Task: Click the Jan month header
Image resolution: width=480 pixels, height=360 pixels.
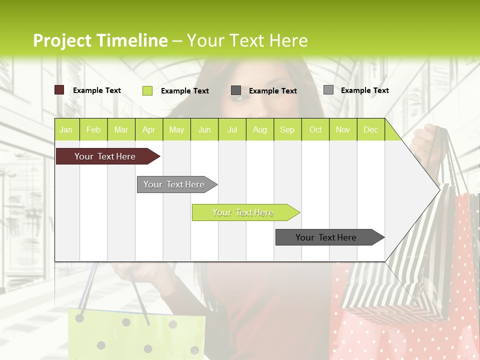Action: coord(66,129)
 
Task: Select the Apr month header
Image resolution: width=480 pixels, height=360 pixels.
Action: coord(148,129)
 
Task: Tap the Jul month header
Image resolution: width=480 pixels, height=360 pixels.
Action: coord(232,129)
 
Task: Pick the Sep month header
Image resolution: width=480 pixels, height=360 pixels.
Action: coord(287,129)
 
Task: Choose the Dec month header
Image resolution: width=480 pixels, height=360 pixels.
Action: coord(370,129)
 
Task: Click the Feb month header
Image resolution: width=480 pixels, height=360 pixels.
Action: coord(93,129)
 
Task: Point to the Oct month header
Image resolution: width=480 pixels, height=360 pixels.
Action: coord(315,129)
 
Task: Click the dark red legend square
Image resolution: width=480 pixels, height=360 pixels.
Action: coord(59,90)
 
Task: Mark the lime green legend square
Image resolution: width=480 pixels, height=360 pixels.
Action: coord(147,90)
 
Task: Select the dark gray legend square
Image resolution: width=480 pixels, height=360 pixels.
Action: coord(236,90)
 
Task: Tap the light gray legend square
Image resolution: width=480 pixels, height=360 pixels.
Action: coord(328,90)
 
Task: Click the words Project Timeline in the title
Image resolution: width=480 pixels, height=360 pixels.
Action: coord(100,40)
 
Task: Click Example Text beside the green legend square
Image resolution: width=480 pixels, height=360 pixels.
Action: coord(185,91)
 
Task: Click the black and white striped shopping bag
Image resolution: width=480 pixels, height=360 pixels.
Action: coord(410,265)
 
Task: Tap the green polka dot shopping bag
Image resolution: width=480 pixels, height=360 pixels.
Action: coord(135,335)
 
